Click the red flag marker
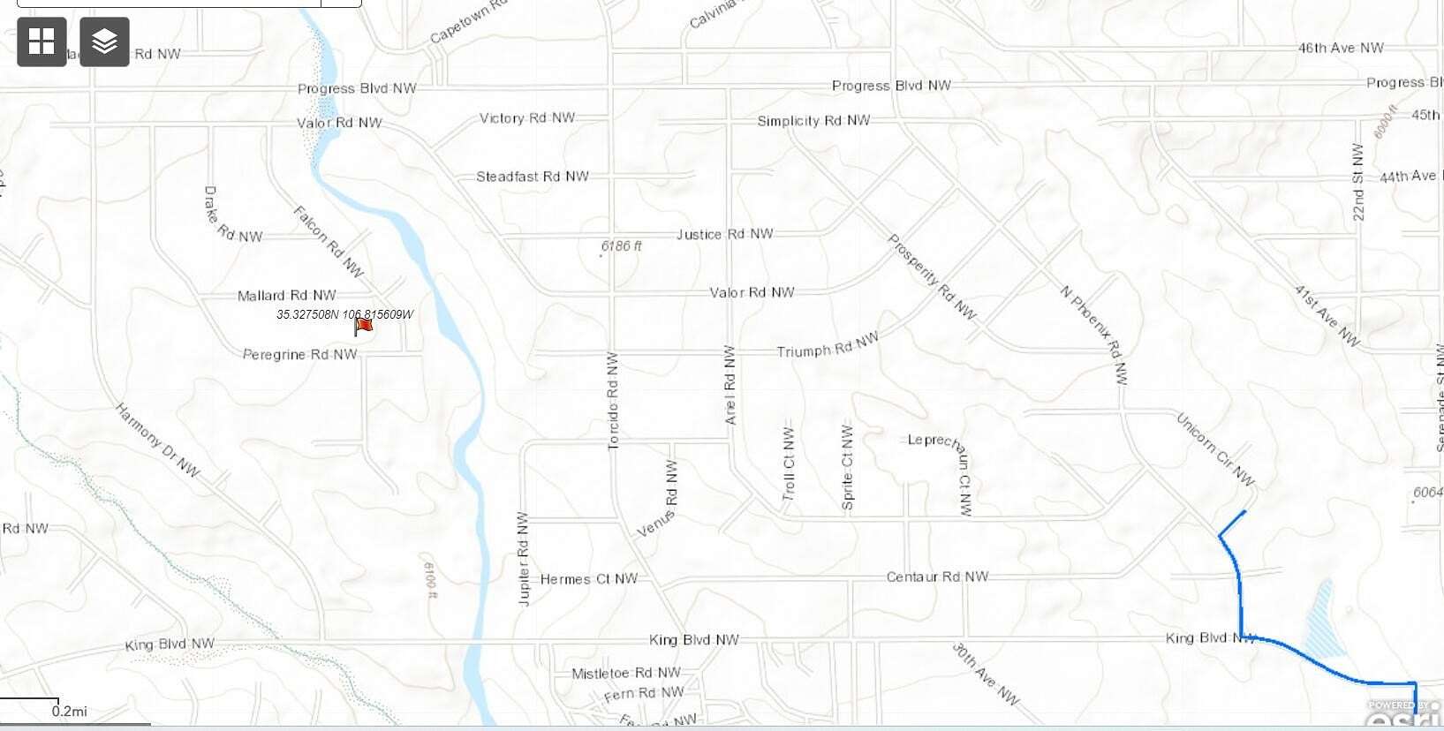363,327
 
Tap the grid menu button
42,41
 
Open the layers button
104,41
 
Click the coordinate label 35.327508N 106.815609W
344,314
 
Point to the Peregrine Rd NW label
300,355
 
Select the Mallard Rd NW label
287,296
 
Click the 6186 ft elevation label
622,246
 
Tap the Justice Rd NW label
725,234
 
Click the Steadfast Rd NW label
533,177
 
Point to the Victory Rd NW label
527,118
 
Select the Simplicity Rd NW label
813,121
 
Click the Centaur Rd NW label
938,577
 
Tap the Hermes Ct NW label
589,579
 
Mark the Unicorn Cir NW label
1215,449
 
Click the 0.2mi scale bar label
70,712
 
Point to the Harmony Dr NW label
158,440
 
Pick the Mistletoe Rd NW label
626,674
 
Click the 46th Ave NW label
1341,48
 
